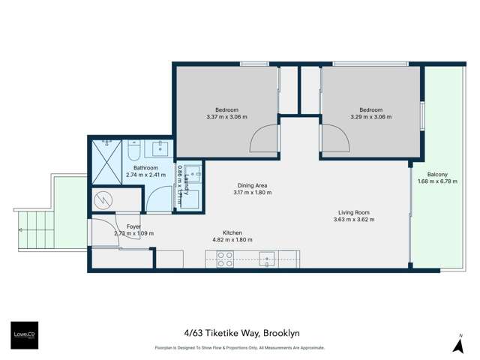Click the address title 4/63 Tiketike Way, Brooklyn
tap(239, 334)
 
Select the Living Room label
tap(354, 213)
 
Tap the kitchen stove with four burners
tap(225, 259)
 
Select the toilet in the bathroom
tap(133, 152)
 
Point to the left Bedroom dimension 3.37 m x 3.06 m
tap(226, 117)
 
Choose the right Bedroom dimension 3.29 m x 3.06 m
tap(370, 117)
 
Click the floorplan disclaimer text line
tap(239, 348)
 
